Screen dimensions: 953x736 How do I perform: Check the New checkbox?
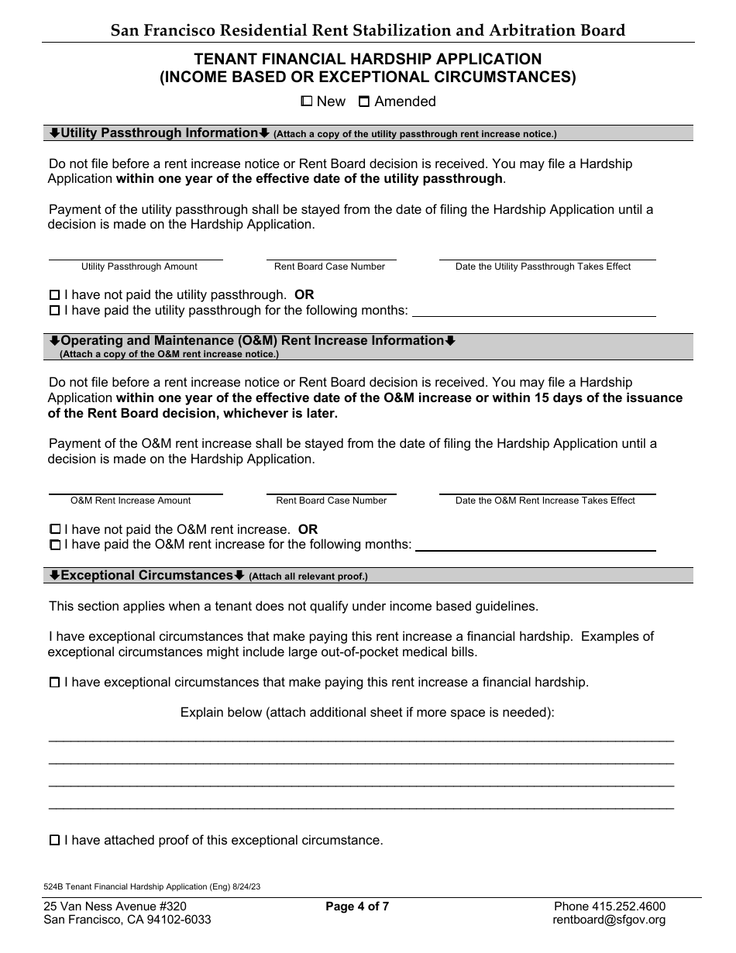(x=306, y=101)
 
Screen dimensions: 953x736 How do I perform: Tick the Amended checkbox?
(x=363, y=101)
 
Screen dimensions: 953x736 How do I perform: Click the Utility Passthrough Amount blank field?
(x=136, y=253)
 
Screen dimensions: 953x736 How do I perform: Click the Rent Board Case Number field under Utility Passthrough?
(x=331, y=253)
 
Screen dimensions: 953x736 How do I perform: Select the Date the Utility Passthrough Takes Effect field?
(x=547, y=253)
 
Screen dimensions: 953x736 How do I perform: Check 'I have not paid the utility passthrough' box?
(x=54, y=295)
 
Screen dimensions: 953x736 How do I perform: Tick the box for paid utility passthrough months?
(x=54, y=311)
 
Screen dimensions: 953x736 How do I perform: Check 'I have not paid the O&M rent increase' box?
(x=54, y=529)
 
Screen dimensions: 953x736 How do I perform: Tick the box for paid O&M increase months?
(x=54, y=545)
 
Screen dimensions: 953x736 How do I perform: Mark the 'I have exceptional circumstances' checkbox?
(x=54, y=683)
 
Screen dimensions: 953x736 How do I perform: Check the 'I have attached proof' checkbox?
(x=54, y=840)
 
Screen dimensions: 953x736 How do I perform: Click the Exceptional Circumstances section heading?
(x=146, y=576)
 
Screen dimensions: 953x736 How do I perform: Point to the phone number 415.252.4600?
(x=609, y=907)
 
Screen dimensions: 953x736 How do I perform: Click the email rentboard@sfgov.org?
(x=609, y=920)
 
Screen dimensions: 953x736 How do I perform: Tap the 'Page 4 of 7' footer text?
(x=357, y=907)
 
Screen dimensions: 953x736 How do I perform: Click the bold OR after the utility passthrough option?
(x=304, y=295)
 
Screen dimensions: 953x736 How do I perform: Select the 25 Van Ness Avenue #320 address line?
(x=115, y=907)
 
